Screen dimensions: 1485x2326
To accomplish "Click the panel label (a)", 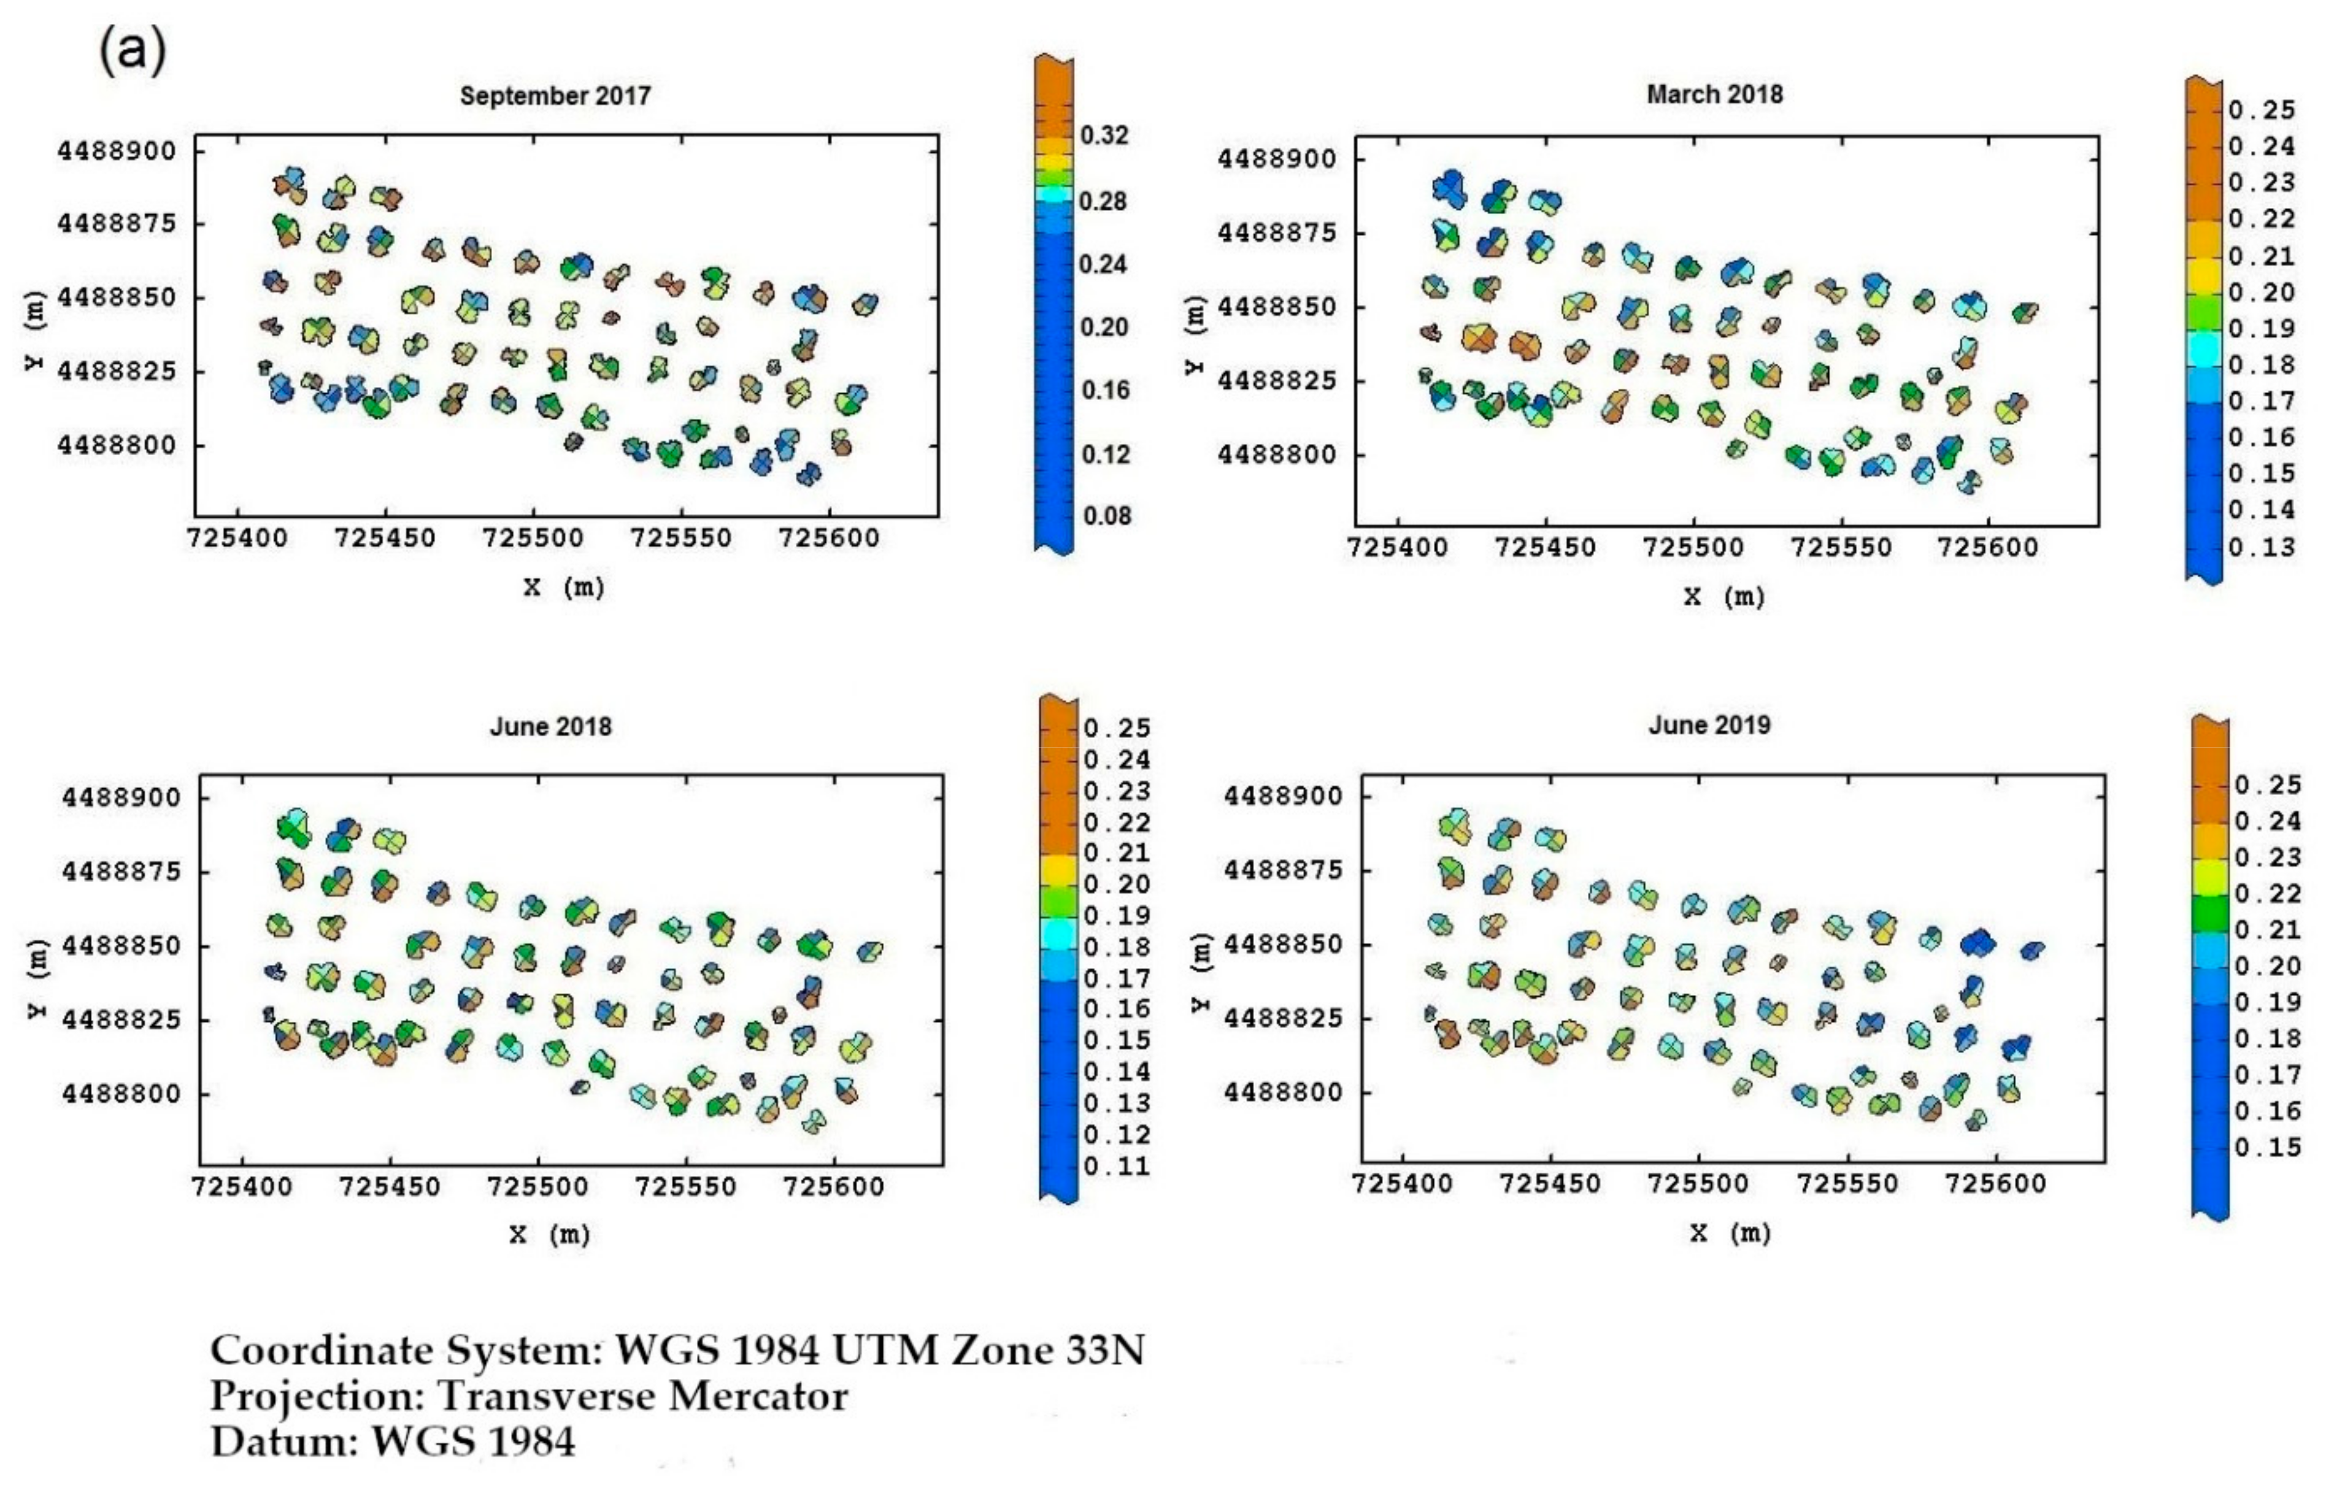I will (133, 51).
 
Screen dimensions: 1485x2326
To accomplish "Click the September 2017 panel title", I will (555, 96).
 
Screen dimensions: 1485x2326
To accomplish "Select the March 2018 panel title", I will (1714, 94).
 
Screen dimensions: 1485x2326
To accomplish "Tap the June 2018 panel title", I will (550, 726).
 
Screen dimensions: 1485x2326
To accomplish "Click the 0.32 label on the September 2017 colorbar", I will (1104, 135).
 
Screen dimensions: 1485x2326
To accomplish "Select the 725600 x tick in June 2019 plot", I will (1996, 1183).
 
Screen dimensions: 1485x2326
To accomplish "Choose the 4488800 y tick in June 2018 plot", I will (121, 1094).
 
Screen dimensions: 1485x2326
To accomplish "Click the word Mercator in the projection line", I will (758, 1395).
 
